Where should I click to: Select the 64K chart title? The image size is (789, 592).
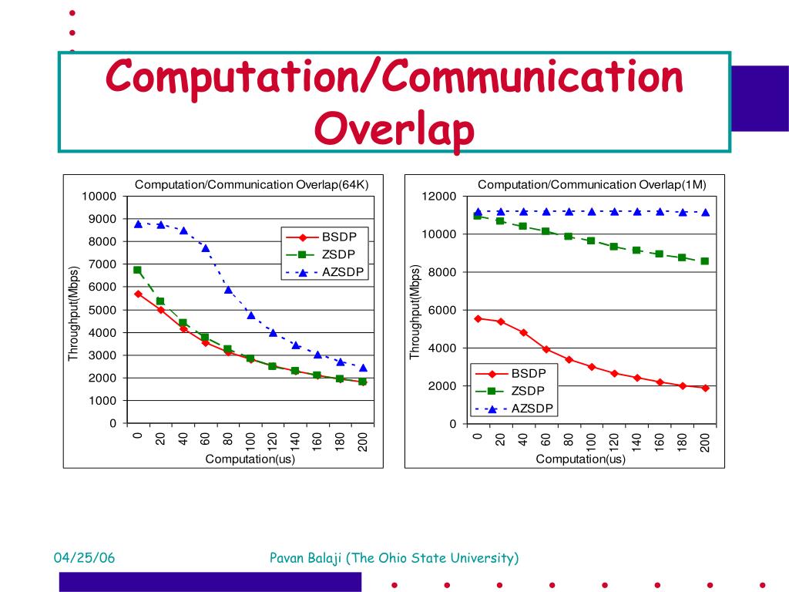click(252, 184)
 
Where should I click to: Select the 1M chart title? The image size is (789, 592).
click(592, 184)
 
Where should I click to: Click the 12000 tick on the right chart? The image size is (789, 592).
click(439, 197)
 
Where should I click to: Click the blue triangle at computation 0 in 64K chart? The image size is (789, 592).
click(138, 224)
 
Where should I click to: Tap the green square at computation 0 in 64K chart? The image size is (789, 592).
click(137, 271)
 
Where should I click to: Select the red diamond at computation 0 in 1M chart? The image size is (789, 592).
click(478, 318)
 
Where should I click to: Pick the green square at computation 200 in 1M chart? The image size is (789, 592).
click(705, 261)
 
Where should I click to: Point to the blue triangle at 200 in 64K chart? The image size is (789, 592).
click(363, 368)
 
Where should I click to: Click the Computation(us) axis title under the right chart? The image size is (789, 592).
click(580, 459)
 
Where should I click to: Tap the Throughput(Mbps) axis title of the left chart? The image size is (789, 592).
click(74, 314)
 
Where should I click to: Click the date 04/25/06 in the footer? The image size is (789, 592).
click(84, 558)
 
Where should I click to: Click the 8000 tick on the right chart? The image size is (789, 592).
click(442, 272)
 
